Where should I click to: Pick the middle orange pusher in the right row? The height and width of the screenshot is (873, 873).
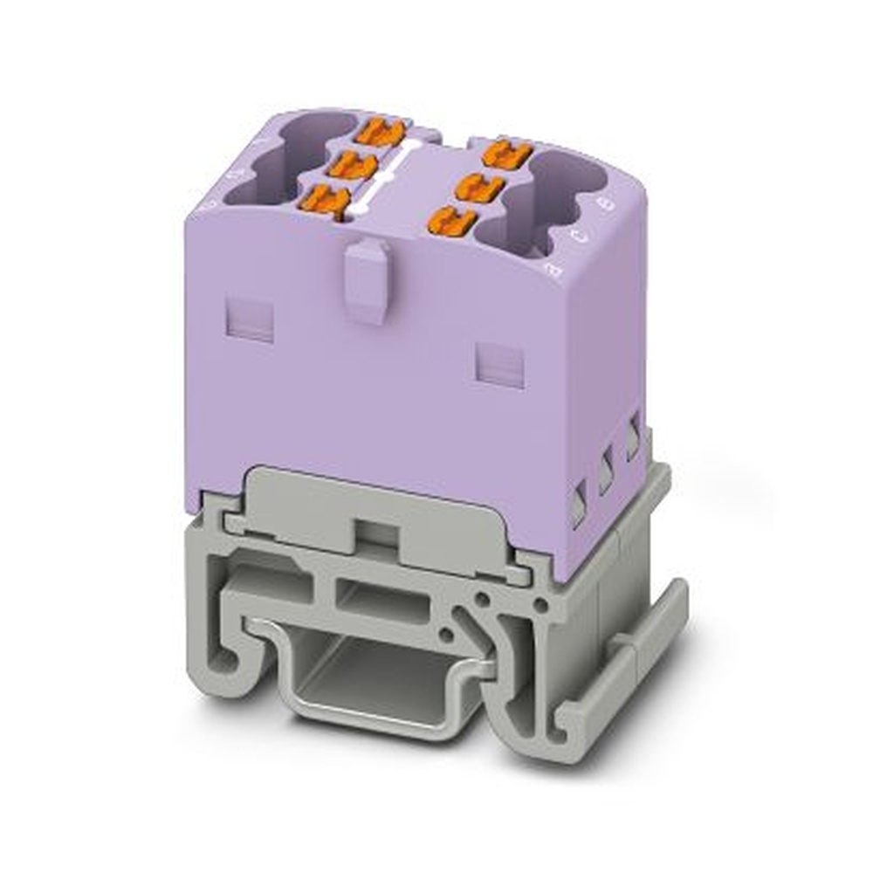coord(478,187)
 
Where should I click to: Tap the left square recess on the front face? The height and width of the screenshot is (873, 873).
coord(250,319)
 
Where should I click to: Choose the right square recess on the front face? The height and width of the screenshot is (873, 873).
coord(501,364)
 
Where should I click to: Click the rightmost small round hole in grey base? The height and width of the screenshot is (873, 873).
coord(541,604)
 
